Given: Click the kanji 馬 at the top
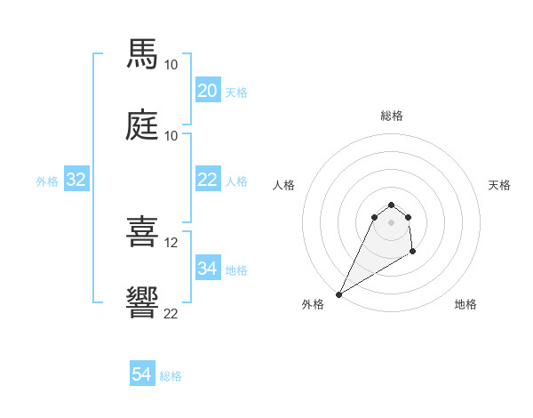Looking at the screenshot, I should point(143,54).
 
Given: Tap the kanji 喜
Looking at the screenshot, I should point(143,232).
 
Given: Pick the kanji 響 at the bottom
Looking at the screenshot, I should point(143,302).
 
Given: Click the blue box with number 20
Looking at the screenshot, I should point(207,91).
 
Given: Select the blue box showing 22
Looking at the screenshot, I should point(207,180).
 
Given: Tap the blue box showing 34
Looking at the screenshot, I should point(207,269).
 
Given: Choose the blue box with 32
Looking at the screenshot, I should point(76,180).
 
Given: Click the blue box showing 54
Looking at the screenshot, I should point(141,374).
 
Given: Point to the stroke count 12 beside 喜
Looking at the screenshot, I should point(171,242).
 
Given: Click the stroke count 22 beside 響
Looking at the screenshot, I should point(171,313).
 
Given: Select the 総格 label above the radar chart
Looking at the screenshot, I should point(392,116).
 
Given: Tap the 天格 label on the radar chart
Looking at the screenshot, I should point(500,185).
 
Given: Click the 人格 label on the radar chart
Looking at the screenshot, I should point(284,185).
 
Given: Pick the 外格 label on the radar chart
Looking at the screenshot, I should point(312,304).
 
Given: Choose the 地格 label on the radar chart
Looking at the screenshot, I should point(465,304).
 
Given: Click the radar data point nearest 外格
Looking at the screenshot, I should point(338,293).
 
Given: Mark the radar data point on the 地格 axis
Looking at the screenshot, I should point(413,253).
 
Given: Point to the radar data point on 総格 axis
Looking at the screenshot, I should point(392,203).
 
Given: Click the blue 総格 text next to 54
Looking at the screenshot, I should point(171,376).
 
